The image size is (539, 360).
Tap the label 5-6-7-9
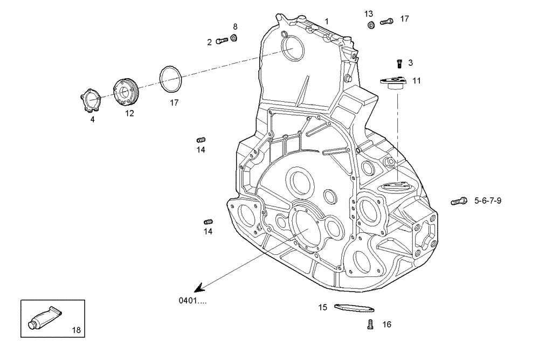(x=488, y=201)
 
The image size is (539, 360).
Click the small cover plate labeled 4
(x=92, y=101)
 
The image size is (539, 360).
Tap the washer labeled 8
(x=234, y=38)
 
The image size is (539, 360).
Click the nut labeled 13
(x=371, y=25)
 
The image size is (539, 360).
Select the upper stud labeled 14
(x=201, y=140)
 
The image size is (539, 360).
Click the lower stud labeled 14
(x=209, y=221)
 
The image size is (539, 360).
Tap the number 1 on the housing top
(x=327, y=20)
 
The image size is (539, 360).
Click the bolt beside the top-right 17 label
(x=386, y=22)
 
